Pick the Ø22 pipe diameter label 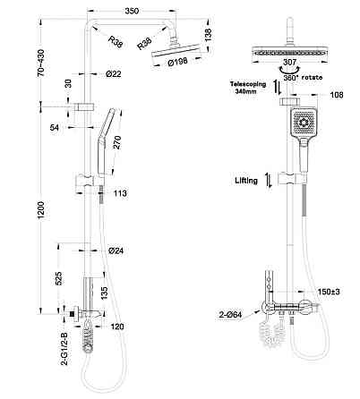114,72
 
